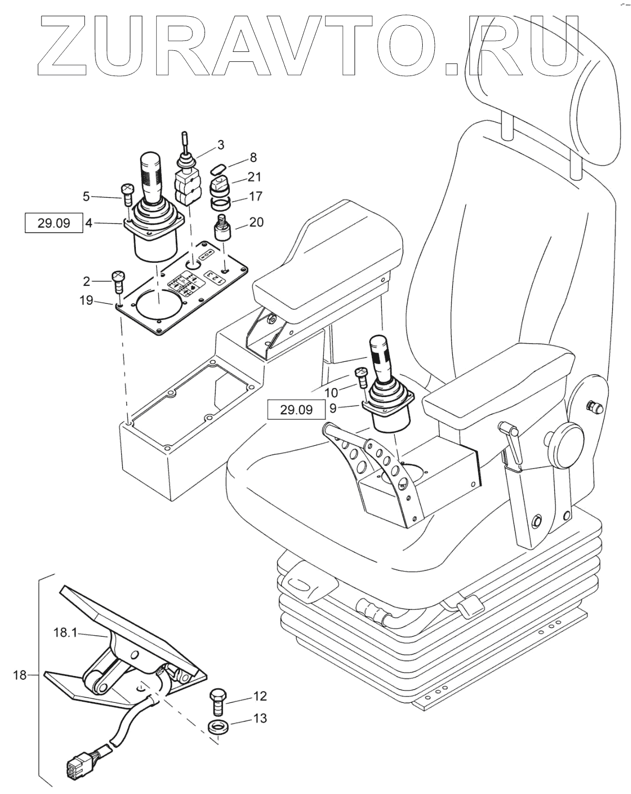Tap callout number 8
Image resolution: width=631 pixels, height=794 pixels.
[253, 157]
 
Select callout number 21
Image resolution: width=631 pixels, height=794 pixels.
[255, 177]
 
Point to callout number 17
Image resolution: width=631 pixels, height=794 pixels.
[255, 197]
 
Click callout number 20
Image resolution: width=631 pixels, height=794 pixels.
[256, 222]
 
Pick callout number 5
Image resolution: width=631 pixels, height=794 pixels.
[86, 197]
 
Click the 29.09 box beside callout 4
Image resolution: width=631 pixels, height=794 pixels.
[54, 222]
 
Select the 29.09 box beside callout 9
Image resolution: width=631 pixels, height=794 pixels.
[296, 410]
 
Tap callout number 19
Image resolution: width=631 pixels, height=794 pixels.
[86, 300]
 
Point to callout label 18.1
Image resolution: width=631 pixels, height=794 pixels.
[66, 633]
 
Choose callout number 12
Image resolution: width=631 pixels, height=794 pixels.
[260, 696]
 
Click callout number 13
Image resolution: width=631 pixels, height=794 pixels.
[260, 717]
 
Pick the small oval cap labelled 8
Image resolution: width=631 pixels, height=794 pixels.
[217, 169]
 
